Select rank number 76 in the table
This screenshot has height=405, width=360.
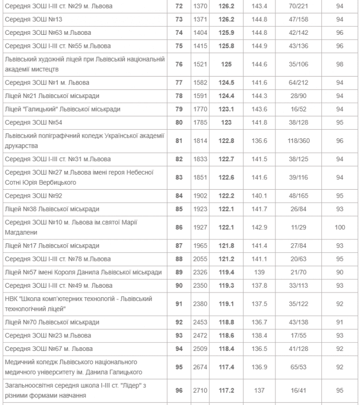point(179,64)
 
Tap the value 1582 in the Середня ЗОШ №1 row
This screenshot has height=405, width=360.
point(199,82)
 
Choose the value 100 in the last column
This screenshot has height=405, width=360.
point(339,227)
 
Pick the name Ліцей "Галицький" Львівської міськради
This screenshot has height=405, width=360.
point(62,109)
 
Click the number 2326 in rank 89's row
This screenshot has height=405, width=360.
point(199,272)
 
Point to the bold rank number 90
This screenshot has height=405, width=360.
point(179,286)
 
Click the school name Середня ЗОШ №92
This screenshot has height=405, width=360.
point(26,196)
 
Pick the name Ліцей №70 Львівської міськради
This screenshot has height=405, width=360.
point(52,322)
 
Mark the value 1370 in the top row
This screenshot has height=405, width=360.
point(199,6)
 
